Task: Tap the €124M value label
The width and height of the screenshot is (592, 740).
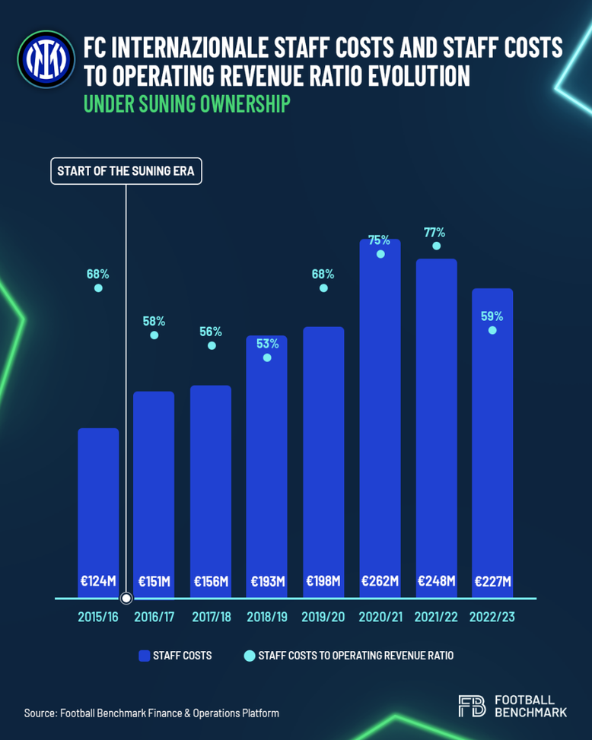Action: (x=98, y=581)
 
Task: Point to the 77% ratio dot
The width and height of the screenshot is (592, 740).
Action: (x=436, y=246)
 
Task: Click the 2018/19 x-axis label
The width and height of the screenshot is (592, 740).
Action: (x=267, y=616)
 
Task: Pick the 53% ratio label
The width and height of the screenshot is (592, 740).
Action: (x=267, y=344)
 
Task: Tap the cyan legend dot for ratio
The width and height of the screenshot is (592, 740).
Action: (x=248, y=655)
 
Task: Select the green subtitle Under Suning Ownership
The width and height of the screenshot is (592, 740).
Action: (x=186, y=104)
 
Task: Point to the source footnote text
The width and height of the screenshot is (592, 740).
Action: (x=151, y=713)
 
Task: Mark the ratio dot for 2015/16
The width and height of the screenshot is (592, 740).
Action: (x=98, y=287)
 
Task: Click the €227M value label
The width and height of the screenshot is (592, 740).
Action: (x=492, y=581)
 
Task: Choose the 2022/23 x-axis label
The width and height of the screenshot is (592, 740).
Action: (x=492, y=616)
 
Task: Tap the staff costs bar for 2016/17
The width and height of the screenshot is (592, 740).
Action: (x=154, y=487)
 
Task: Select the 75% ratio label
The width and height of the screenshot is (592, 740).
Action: (x=380, y=240)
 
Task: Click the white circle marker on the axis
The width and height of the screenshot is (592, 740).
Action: (x=126, y=599)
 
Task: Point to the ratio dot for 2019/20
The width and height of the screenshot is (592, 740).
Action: (x=323, y=287)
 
